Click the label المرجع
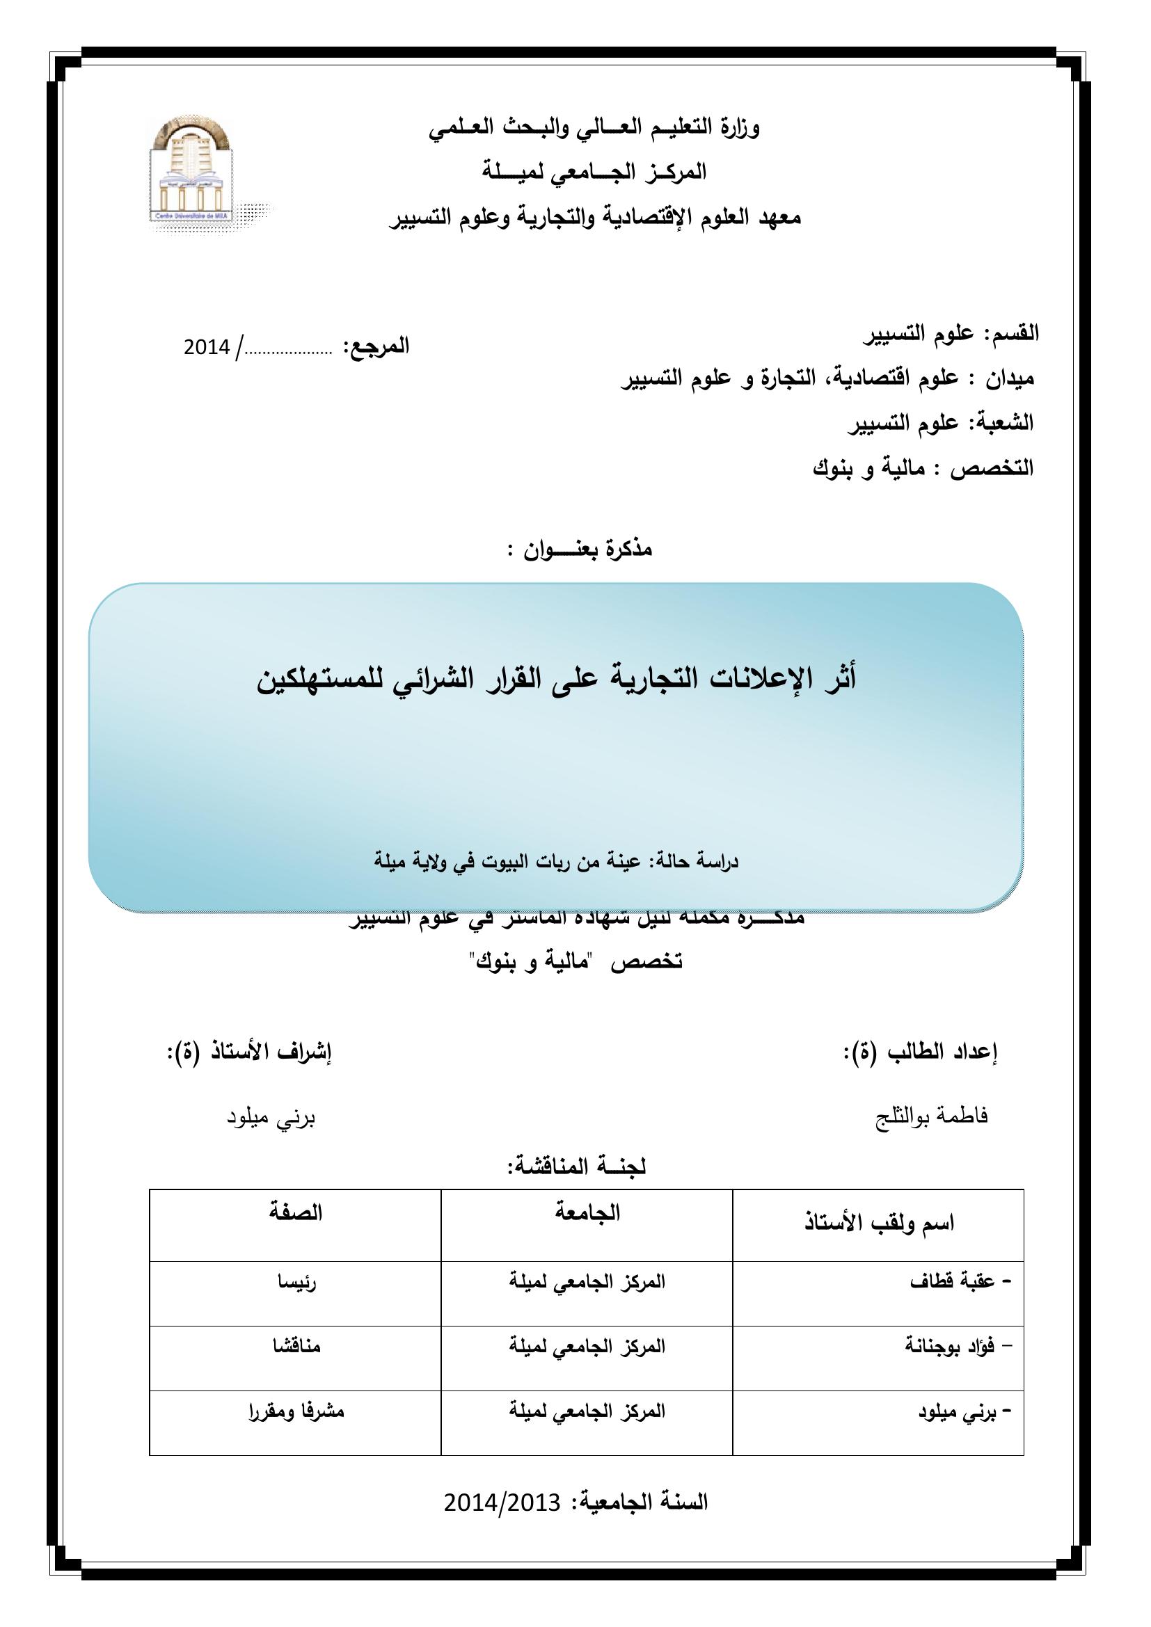[376, 346]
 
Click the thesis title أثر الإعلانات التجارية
[557, 678]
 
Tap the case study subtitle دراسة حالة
[557, 862]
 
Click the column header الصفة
[296, 1212]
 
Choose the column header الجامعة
[587, 1212]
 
